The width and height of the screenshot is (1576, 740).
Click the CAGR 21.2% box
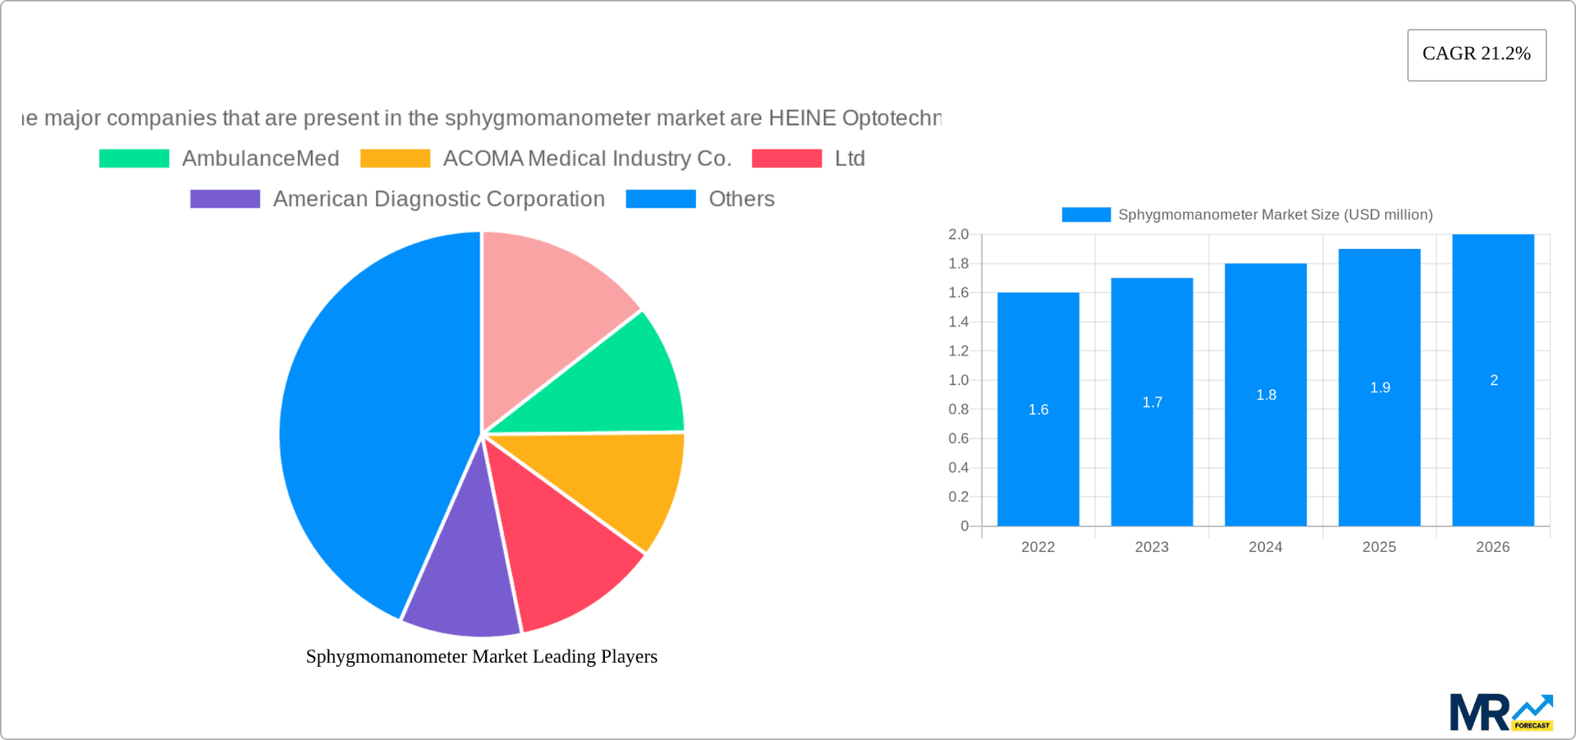1476,54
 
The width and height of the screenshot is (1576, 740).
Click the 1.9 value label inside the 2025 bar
1380,388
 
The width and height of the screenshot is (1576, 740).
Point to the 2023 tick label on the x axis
1151,547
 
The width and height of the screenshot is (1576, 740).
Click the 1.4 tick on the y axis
958,322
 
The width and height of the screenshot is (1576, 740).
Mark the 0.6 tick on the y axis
958,439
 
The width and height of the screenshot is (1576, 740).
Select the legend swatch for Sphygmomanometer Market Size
1085,214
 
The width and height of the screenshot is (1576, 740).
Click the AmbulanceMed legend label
260,159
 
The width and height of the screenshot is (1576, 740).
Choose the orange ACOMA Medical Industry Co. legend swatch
395,159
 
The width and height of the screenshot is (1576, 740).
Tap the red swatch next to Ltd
786,159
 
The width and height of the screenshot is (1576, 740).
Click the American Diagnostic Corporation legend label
438,199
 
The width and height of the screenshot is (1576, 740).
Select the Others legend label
741,199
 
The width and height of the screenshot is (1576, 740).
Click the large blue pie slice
369,427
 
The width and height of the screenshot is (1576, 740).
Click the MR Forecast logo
1500,712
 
